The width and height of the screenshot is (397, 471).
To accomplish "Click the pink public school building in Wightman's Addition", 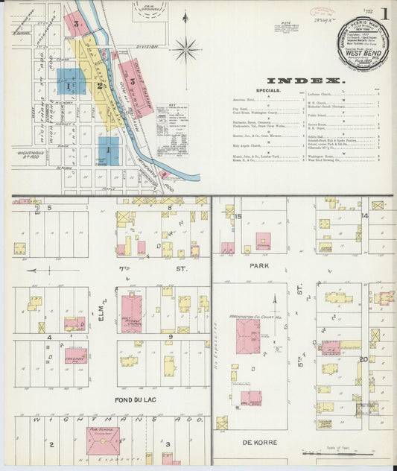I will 102,441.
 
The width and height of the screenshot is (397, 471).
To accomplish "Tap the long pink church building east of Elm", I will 131,312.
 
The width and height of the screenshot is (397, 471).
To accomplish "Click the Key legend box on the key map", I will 171,118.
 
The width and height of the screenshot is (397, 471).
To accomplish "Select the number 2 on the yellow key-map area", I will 98,85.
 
